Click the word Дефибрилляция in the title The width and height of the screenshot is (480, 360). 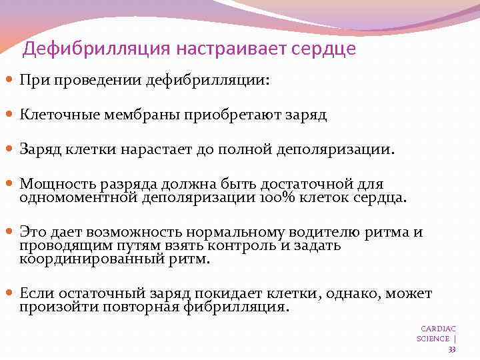97,49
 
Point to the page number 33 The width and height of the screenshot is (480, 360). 452,349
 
